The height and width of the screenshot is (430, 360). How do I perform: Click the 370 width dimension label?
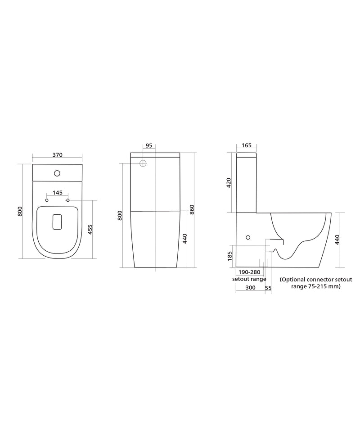tap(58, 155)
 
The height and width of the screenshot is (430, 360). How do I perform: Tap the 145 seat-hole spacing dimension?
tap(58, 193)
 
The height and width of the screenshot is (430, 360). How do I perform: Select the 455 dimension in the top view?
tap(90, 230)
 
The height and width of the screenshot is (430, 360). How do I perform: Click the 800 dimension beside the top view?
tap(20, 211)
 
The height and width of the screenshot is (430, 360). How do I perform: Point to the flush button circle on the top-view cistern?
tap(57, 173)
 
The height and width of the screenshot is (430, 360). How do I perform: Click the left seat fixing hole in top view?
tap(47, 200)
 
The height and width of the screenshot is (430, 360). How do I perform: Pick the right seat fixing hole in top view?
tap(67, 200)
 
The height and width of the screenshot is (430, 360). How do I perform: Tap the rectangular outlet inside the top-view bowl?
tap(57, 222)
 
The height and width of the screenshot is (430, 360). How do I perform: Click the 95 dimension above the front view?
tap(149, 145)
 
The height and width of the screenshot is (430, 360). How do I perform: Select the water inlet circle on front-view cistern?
tap(143, 163)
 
